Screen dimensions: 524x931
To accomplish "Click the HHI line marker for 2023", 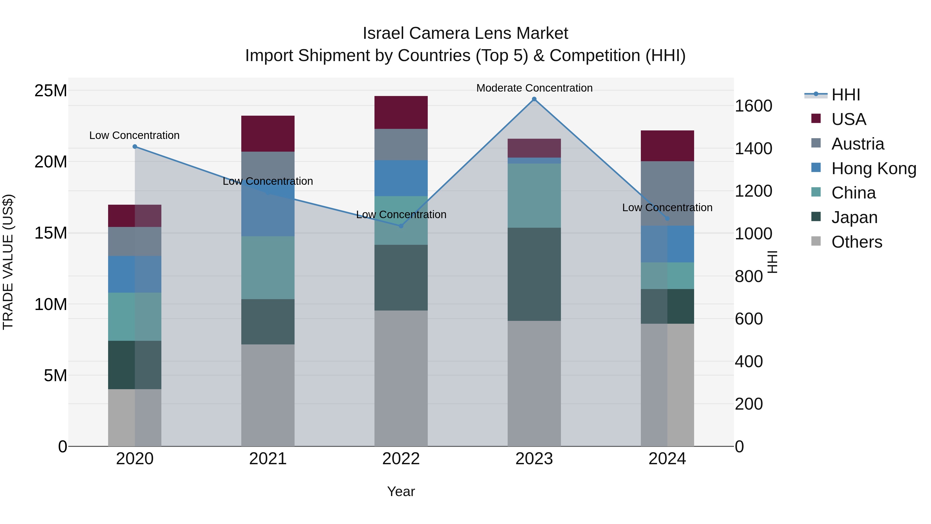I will pyautogui.click(x=534, y=99).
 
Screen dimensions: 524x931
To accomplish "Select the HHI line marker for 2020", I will pyautogui.click(x=135, y=146).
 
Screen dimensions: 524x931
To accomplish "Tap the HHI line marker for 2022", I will pyautogui.click(x=401, y=226).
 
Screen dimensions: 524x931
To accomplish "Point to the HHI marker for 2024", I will pyautogui.click(x=667, y=219).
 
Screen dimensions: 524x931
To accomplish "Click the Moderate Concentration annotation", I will pyautogui.click(x=534, y=88).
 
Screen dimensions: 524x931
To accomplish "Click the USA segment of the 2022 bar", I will pyautogui.click(x=401, y=113).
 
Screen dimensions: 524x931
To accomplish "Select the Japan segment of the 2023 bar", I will pyautogui.click(x=534, y=274).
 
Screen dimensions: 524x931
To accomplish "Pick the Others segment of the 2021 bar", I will pyautogui.click(x=268, y=395).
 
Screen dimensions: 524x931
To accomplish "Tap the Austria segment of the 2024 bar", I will pyautogui.click(x=667, y=194).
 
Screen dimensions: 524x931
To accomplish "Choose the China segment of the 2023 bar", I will pyautogui.click(x=534, y=195).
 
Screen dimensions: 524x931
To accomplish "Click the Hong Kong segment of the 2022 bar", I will pyautogui.click(x=401, y=178).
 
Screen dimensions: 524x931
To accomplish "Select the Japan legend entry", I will pyautogui.click(x=854, y=217).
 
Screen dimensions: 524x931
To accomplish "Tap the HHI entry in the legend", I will pyautogui.click(x=845, y=95).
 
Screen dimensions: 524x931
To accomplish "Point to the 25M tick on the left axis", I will pyautogui.click(x=51, y=90).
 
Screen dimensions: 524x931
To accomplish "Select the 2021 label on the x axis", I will pyautogui.click(x=268, y=459).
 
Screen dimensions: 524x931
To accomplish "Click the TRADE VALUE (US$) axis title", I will pyautogui.click(x=8, y=262).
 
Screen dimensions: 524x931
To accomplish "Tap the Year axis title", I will pyautogui.click(x=401, y=491).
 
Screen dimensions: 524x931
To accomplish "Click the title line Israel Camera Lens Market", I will pyautogui.click(x=465, y=33).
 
